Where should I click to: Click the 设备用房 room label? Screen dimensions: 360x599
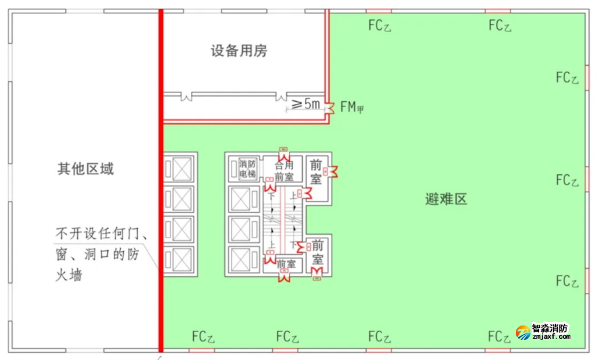[239, 51]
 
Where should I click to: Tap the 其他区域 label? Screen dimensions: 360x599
[85, 169]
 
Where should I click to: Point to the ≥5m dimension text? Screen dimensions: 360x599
[306, 104]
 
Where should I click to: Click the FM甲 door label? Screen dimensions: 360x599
[352, 106]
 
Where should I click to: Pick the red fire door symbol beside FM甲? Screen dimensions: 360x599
[329, 106]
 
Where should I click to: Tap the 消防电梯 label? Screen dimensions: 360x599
[248, 169]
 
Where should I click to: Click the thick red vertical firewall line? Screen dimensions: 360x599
[160, 200]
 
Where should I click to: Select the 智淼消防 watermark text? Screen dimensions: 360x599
[550, 329]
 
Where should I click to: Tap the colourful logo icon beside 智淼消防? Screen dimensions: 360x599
[522, 331]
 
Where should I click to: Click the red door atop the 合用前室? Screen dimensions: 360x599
[283, 150]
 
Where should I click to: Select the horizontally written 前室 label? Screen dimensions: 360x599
[286, 264]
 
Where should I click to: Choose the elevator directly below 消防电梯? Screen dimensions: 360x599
[240, 199]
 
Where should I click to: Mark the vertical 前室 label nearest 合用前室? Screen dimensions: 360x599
[316, 171]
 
